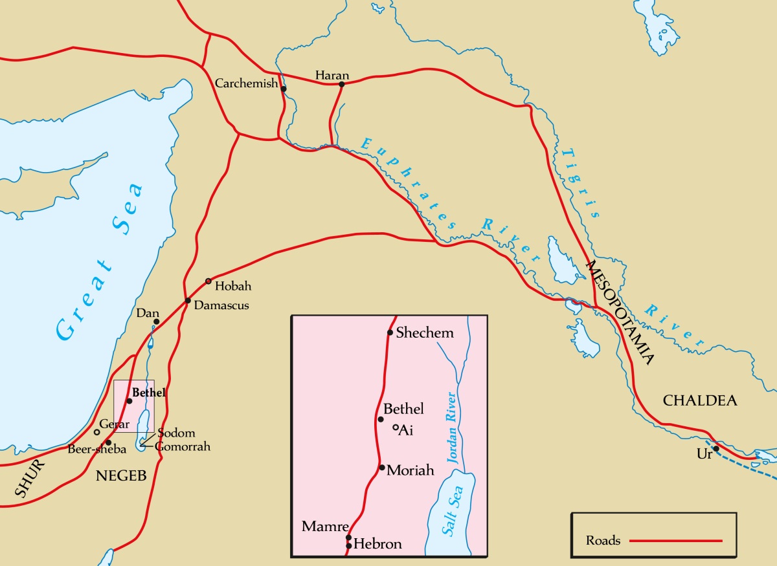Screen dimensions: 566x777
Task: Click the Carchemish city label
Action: click(246, 84)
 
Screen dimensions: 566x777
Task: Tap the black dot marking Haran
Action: click(341, 84)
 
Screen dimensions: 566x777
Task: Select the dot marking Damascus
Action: click(187, 301)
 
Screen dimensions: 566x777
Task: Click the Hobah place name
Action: click(232, 286)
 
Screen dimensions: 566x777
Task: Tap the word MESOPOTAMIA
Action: click(620, 313)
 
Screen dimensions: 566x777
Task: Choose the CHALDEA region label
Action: click(700, 401)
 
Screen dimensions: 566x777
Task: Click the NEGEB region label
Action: click(121, 477)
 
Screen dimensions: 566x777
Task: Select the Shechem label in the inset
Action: click(425, 332)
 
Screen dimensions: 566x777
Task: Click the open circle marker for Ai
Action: click(396, 428)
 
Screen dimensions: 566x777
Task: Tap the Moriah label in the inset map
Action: click(410, 470)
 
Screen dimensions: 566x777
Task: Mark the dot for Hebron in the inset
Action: click(349, 546)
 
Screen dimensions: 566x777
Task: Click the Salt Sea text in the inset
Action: click(450, 511)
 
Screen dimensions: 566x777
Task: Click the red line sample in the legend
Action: click(676, 540)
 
